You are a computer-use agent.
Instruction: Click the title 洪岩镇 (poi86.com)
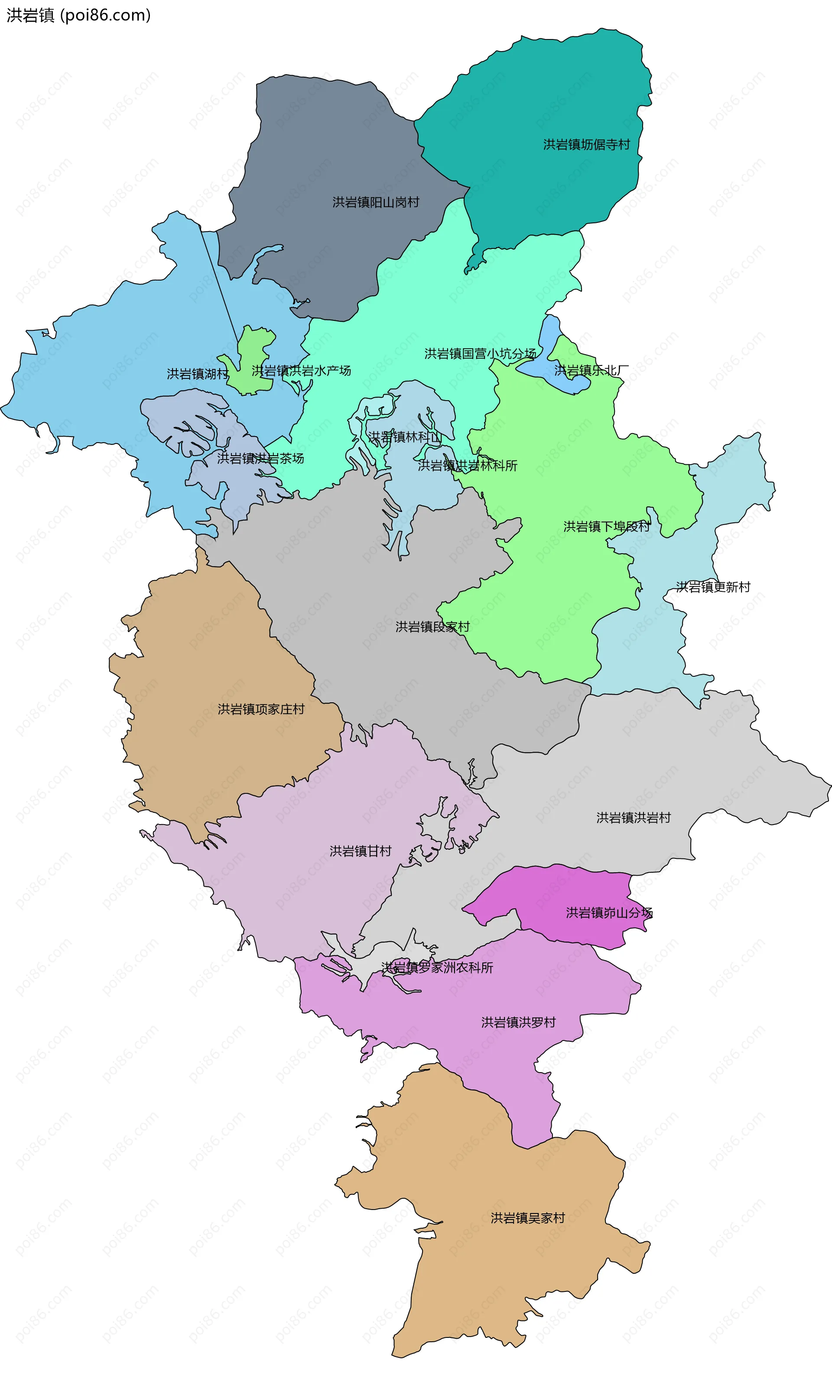click(x=78, y=15)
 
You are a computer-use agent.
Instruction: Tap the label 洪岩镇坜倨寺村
click(x=586, y=145)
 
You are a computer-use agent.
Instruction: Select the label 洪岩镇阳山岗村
click(x=376, y=202)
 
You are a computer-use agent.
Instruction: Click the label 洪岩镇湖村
click(x=197, y=374)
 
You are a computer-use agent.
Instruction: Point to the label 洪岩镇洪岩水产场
click(x=301, y=371)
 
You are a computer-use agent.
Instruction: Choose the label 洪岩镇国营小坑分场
click(x=480, y=354)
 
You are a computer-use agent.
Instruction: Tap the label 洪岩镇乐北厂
click(x=591, y=371)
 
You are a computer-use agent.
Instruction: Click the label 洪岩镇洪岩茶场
click(x=261, y=459)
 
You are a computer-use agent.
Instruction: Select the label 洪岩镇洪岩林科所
click(x=468, y=466)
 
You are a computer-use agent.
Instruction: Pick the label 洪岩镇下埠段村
click(x=607, y=527)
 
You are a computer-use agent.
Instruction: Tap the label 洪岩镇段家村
click(x=432, y=627)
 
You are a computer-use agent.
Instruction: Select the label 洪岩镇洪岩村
click(x=634, y=818)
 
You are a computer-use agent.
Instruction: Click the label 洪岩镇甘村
click(x=361, y=851)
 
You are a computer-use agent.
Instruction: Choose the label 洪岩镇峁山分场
click(x=609, y=913)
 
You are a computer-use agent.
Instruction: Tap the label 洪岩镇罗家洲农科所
click(x=437, y=968)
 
